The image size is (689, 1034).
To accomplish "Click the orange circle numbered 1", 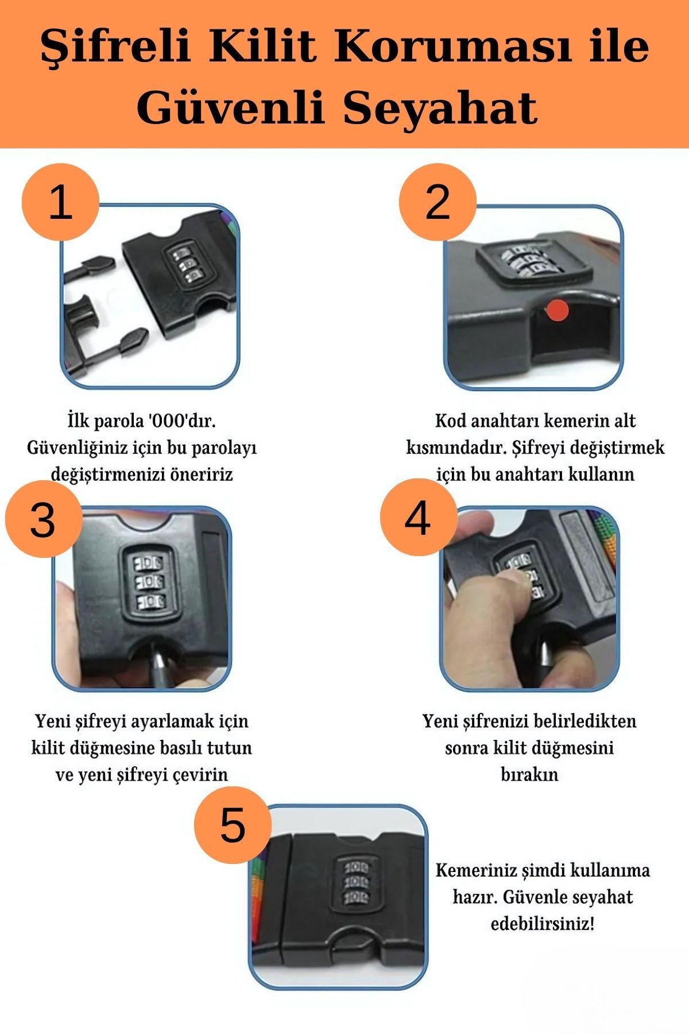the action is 60,203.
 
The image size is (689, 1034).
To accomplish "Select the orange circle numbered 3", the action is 44,519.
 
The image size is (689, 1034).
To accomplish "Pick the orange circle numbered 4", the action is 419,518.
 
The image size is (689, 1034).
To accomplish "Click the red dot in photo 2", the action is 557,311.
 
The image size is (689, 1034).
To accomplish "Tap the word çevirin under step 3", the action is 202,775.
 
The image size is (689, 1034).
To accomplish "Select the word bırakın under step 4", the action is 529,774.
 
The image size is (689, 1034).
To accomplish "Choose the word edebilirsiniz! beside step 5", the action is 543,924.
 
